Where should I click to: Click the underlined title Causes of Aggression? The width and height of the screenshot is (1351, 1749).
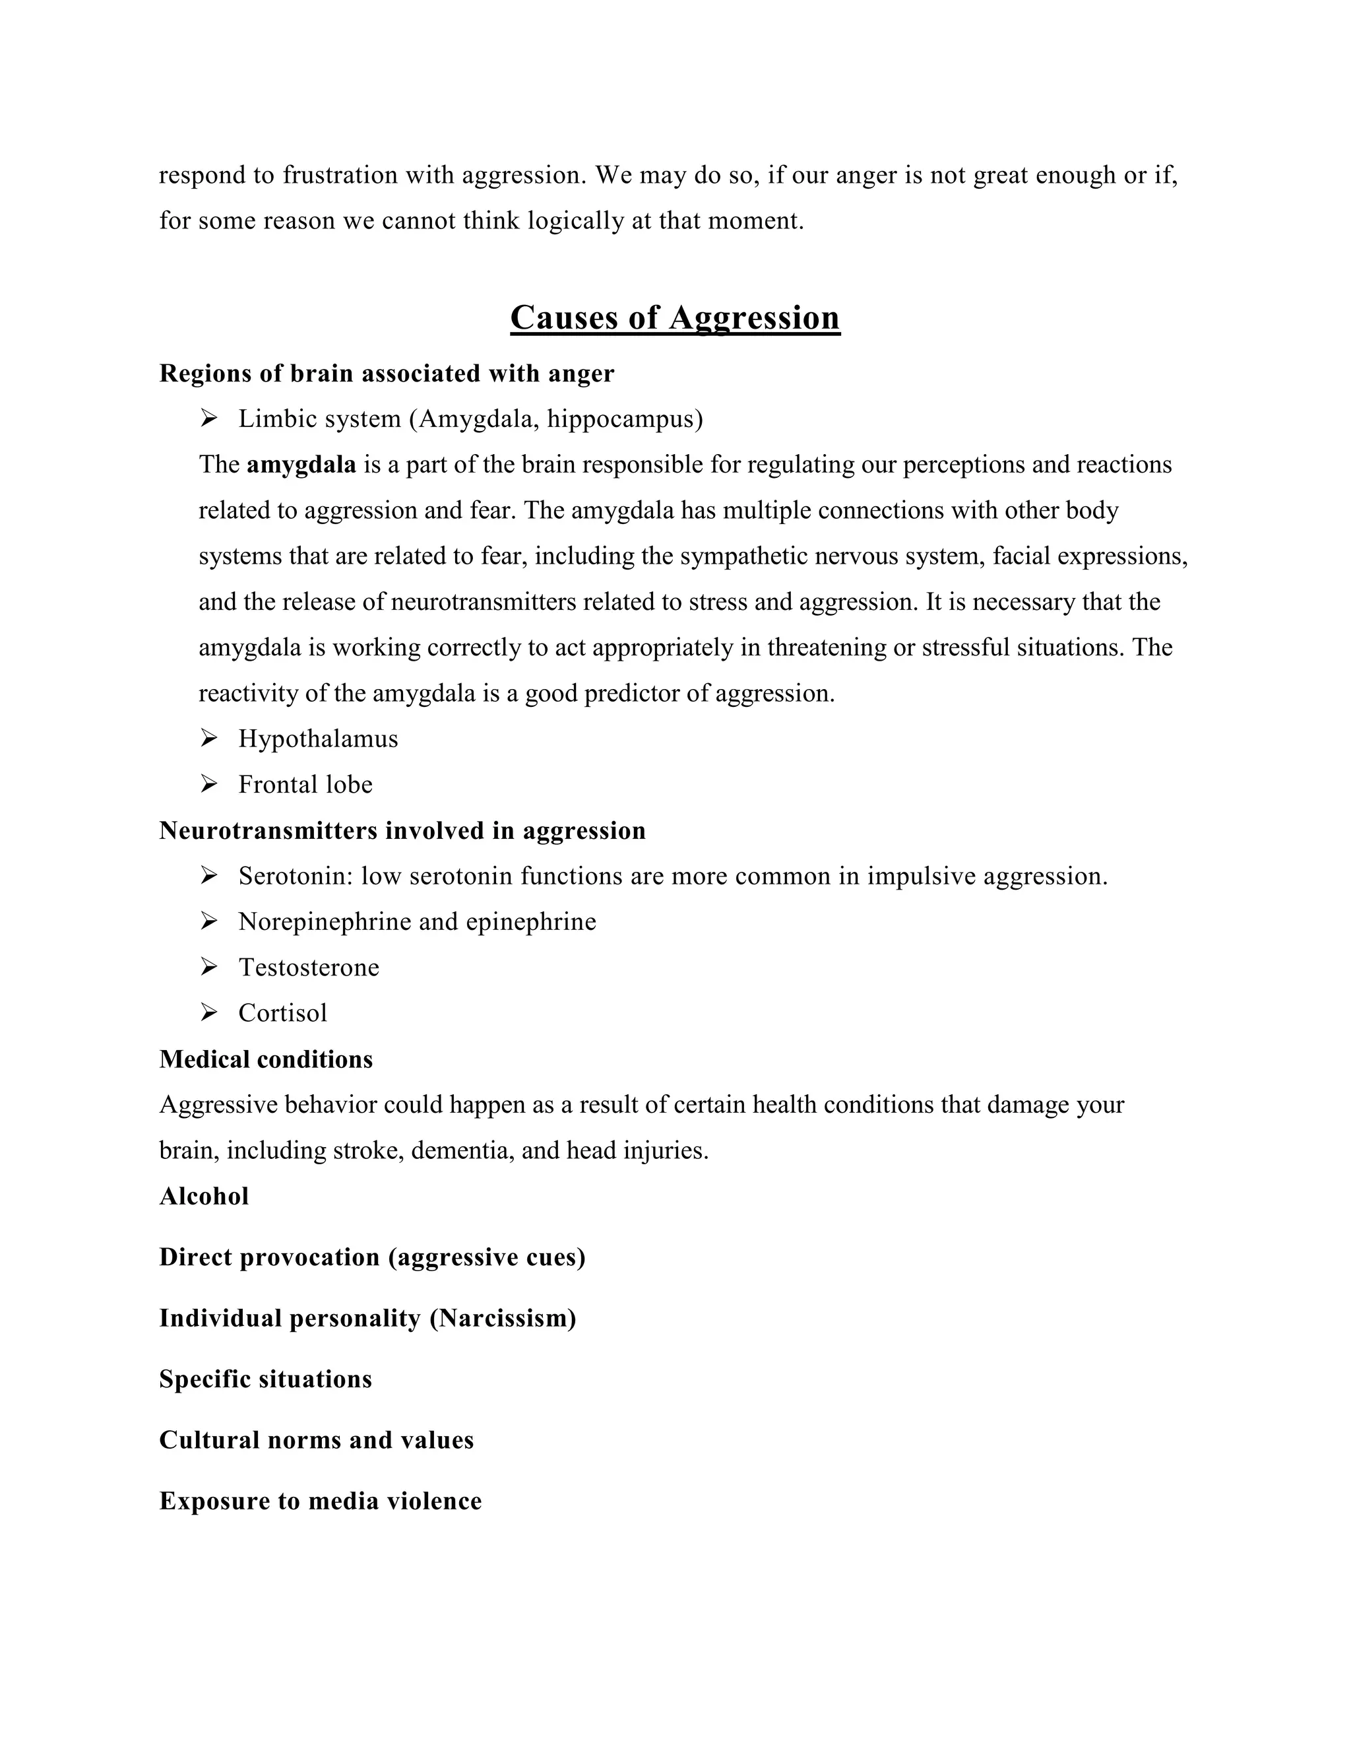pos(675,318)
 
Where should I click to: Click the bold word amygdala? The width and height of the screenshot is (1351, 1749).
pos(301,465)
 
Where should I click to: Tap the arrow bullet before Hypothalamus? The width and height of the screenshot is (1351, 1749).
pos(209,739)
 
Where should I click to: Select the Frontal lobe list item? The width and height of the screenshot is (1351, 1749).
pos(305,784)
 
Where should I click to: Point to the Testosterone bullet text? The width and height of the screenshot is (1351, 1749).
pos(308,968)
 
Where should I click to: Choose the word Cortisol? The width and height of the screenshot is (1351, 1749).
pos(282,1013)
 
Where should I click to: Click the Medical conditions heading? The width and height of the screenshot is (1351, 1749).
pos(266,1059)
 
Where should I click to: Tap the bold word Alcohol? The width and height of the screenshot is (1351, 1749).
pos(204,1197)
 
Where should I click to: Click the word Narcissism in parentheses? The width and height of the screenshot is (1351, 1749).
pos(503,1318)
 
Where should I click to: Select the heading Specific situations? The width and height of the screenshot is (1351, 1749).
pos(266,1379)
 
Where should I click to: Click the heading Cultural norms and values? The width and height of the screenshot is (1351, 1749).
pos(316,1440)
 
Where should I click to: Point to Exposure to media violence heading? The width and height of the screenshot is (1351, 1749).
pos(320,1501)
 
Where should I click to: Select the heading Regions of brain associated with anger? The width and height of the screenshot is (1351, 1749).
pos(387,373)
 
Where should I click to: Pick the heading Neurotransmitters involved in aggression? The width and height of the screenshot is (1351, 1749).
pos(402,830)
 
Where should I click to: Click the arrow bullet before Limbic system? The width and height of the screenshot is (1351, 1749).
pos(209,418)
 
